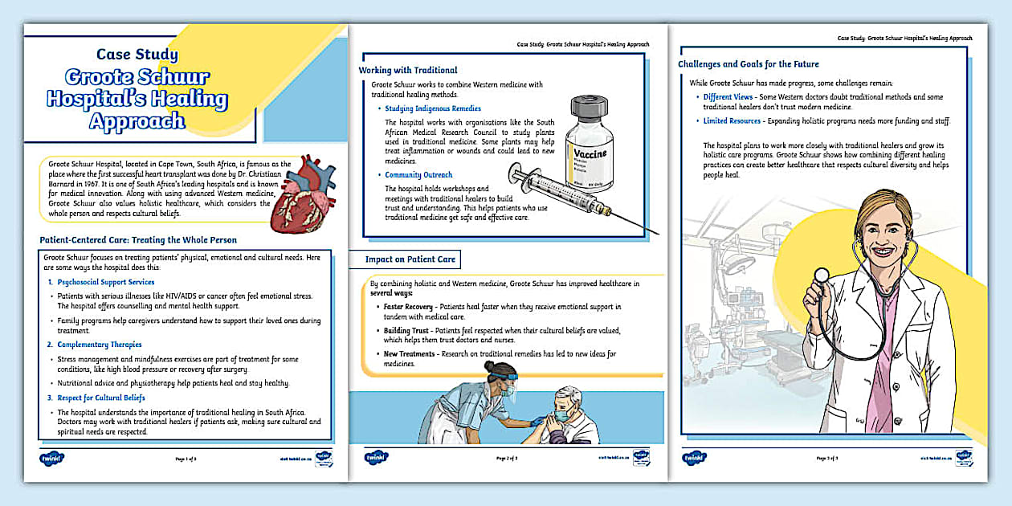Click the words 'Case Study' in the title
click(137, 55)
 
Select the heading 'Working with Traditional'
click(408, 70)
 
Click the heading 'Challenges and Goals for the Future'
click(748, 64)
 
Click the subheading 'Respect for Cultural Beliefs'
click(101, 397)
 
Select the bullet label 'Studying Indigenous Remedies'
click(433, 108)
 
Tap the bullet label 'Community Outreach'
click(418, 175)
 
